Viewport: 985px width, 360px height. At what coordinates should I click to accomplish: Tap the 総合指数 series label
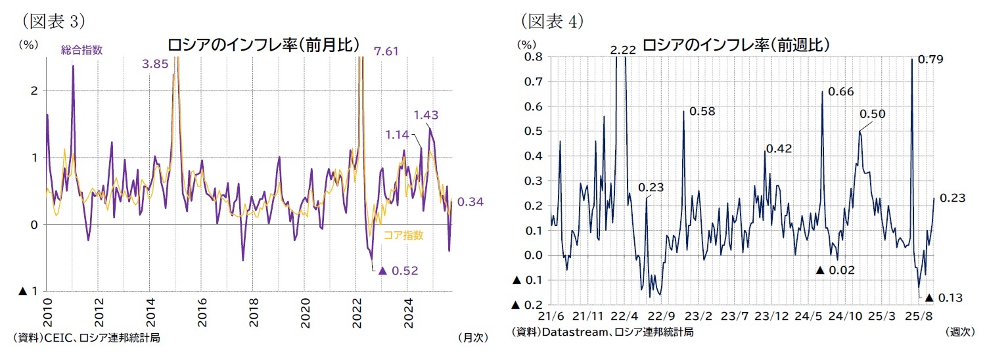81,49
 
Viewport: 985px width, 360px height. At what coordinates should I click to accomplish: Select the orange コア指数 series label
403,235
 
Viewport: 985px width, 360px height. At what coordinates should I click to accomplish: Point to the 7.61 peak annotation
386,51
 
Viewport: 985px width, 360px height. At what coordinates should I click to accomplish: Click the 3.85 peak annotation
155,64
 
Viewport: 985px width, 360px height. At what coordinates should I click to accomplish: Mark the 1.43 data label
426,115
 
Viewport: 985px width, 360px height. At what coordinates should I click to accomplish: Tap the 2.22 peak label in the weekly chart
622,51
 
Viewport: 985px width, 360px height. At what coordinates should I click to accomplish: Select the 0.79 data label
930,60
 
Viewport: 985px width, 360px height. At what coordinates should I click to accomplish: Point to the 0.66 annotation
841,91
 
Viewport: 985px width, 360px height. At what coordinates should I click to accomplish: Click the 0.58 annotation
701,111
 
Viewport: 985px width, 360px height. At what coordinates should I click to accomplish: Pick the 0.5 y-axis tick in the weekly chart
530,131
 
